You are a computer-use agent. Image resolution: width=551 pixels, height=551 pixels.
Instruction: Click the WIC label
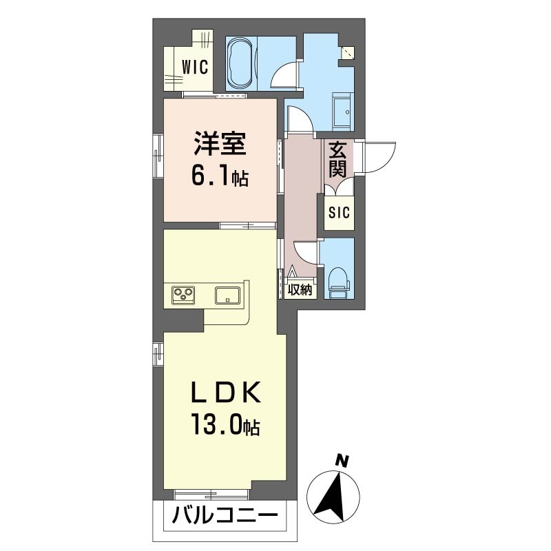(195, 67)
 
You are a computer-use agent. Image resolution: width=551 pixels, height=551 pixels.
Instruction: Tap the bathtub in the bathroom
(240, 63)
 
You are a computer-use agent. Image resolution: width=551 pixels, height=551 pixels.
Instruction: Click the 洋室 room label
(220, 143)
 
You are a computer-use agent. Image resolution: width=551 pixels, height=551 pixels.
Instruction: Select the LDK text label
(226, 393)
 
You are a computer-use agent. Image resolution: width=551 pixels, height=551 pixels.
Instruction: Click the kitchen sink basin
(228, 295)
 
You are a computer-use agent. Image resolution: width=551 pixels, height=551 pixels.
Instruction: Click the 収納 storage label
(300, 290)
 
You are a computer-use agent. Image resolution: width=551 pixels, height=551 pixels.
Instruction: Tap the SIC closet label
(339, 213)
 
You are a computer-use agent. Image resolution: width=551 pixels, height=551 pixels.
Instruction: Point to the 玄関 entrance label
(337, 159)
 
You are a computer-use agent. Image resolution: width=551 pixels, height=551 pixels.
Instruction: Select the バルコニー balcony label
(225, 516)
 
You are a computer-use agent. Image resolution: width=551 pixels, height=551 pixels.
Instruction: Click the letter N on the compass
(342, 461)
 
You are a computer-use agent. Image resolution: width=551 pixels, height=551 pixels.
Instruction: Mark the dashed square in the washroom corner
(348, 53)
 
